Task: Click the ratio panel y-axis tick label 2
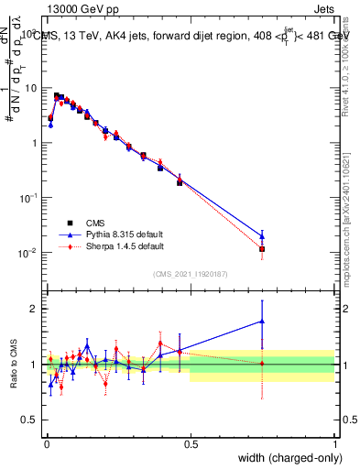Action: (34, 309)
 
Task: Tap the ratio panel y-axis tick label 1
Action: (34, 365)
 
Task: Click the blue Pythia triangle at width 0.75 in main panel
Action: (262, 235)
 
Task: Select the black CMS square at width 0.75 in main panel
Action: (262, 248)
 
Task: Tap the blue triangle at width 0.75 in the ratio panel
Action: (262, 322)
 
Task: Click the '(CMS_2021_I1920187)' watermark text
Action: (191, 273)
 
